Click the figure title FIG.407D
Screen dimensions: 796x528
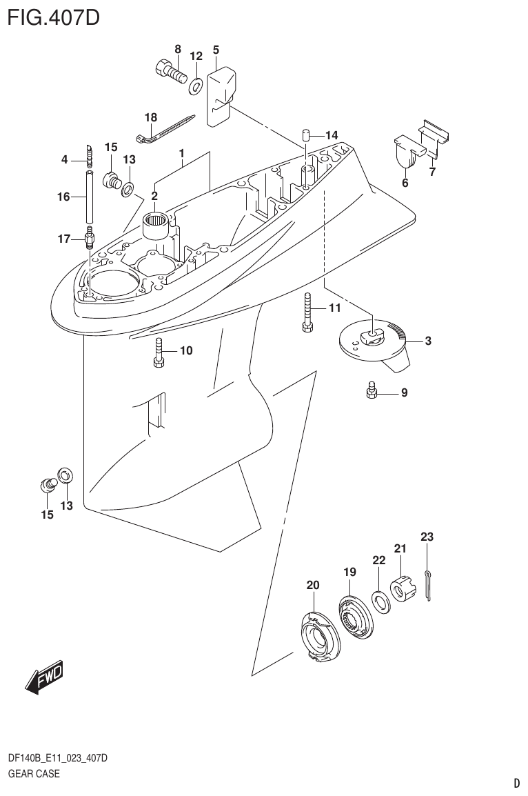pos(54,16)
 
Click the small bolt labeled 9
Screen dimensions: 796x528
pos(370,392)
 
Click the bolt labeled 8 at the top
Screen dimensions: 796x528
pos(169,70)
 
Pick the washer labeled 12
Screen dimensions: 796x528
pos(196,84)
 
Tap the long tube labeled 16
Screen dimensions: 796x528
pos(89,197)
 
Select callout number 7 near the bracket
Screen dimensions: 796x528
pos(432,172)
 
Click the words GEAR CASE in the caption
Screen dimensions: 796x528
pos(34,773)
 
